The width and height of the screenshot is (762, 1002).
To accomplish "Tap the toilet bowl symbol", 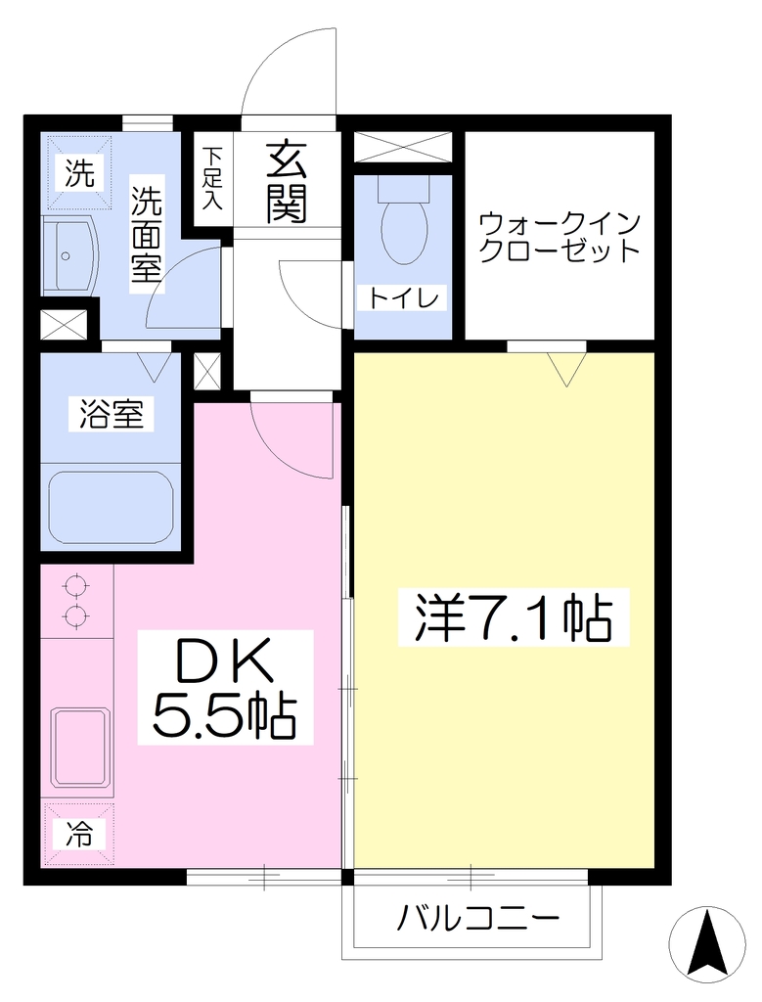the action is pos(404,221).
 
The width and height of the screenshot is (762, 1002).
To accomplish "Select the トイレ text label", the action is pos(403,298).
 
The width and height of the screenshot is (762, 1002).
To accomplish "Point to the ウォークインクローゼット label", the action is pos(560,237).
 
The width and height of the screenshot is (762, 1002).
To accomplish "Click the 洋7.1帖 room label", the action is pos(514,616).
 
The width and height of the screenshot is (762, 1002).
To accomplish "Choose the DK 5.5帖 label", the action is pos(225,687).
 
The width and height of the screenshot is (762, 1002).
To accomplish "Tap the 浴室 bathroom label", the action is pos(112,414).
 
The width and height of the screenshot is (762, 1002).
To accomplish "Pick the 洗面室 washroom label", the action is pos(147,235).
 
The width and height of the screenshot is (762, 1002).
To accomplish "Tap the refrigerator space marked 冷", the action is pos(78,834).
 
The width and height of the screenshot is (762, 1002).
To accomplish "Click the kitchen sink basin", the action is pos(80,747).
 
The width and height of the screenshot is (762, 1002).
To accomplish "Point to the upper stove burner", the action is pos(75,585).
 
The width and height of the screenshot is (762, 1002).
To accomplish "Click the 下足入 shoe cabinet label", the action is pos(211,179).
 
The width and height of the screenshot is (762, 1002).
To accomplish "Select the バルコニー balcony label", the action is pos(476,920).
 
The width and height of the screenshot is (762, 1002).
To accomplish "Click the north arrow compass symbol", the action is pos(707,944).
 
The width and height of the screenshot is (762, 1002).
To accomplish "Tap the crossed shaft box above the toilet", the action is pos(403,147).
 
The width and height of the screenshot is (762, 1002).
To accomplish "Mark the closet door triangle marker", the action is pos(566,369).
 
